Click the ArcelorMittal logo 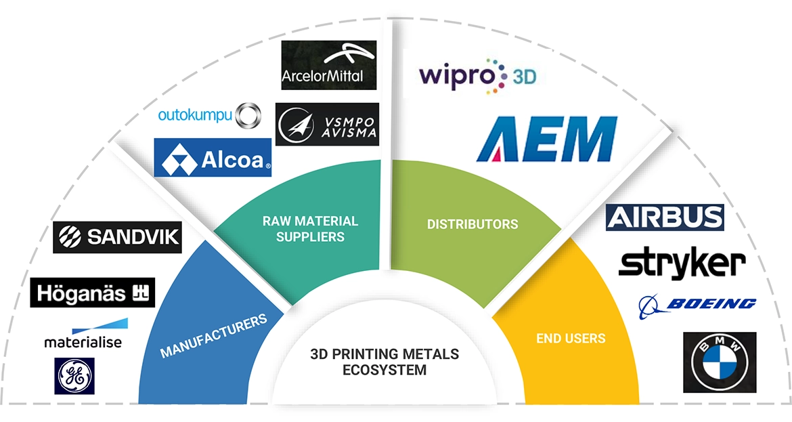pos(328,66)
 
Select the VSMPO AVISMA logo pos(327,124)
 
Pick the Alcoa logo pos(213,158)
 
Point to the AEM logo pos(545,139)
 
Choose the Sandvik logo pos(116,236)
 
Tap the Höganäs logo pos(93,293)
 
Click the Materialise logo pos(83,335)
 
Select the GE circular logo pos(74,375)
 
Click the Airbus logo pos(665,217)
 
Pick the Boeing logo pos(697,305)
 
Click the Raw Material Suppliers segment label pos(311,229)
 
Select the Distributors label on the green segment pos(472,224)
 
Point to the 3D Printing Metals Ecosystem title pos(384,362)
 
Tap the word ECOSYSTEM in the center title pos(384,371)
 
